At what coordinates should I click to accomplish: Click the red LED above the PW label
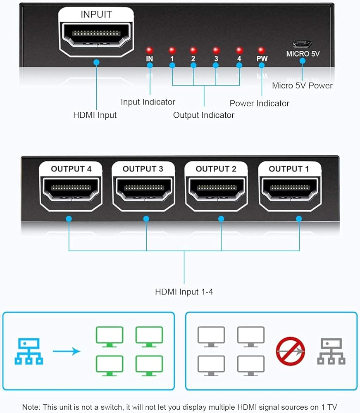261,50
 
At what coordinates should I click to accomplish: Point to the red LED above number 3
216,50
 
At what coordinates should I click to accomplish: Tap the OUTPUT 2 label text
216,169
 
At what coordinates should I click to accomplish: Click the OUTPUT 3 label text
143,169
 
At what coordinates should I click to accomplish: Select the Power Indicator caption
260,103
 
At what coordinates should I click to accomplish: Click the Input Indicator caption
148,102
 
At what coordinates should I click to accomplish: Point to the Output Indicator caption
204,115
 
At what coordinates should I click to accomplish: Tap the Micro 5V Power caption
302,85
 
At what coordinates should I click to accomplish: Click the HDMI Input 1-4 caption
184,292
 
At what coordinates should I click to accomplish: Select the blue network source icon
29,351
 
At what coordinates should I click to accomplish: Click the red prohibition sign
291,351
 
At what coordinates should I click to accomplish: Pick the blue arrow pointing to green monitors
66,351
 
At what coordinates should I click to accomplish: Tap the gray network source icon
331,351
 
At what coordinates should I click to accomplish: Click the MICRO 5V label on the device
303,54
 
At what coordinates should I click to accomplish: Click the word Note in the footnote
31,407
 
